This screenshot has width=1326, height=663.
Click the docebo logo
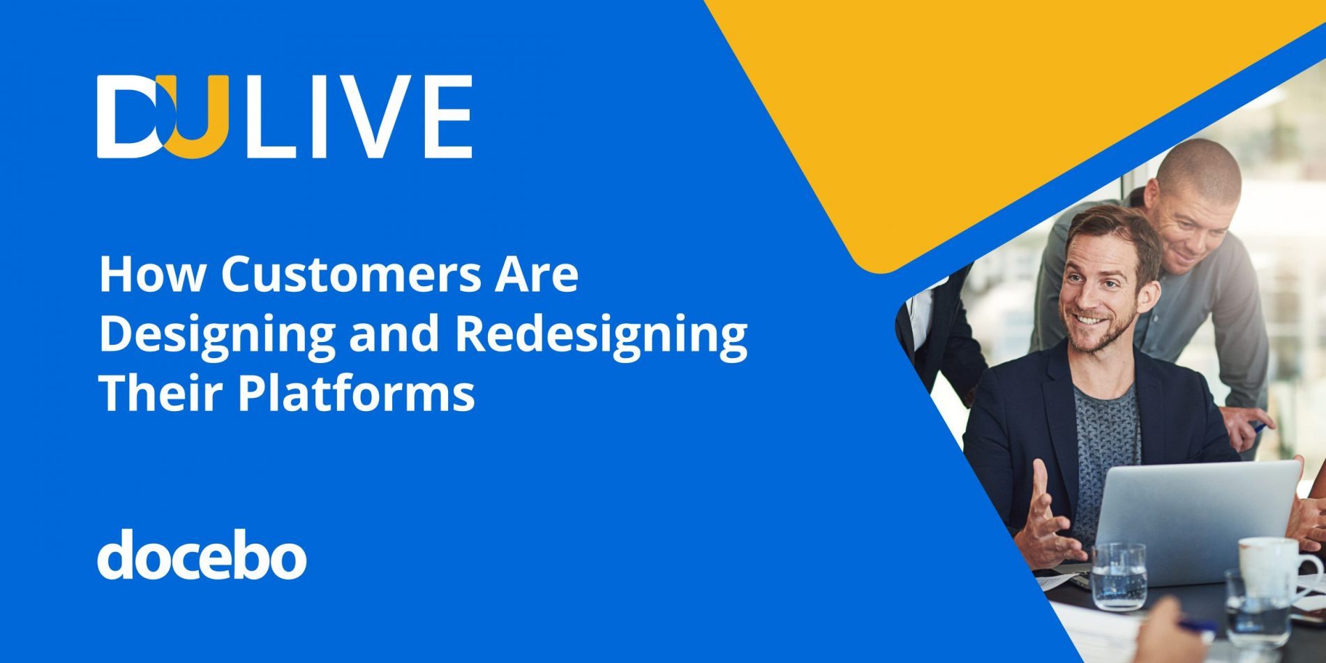tap(202, 555)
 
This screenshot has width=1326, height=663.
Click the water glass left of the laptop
tap(1118, 576)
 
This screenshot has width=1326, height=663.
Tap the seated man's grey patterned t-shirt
tap(1106, 447)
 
